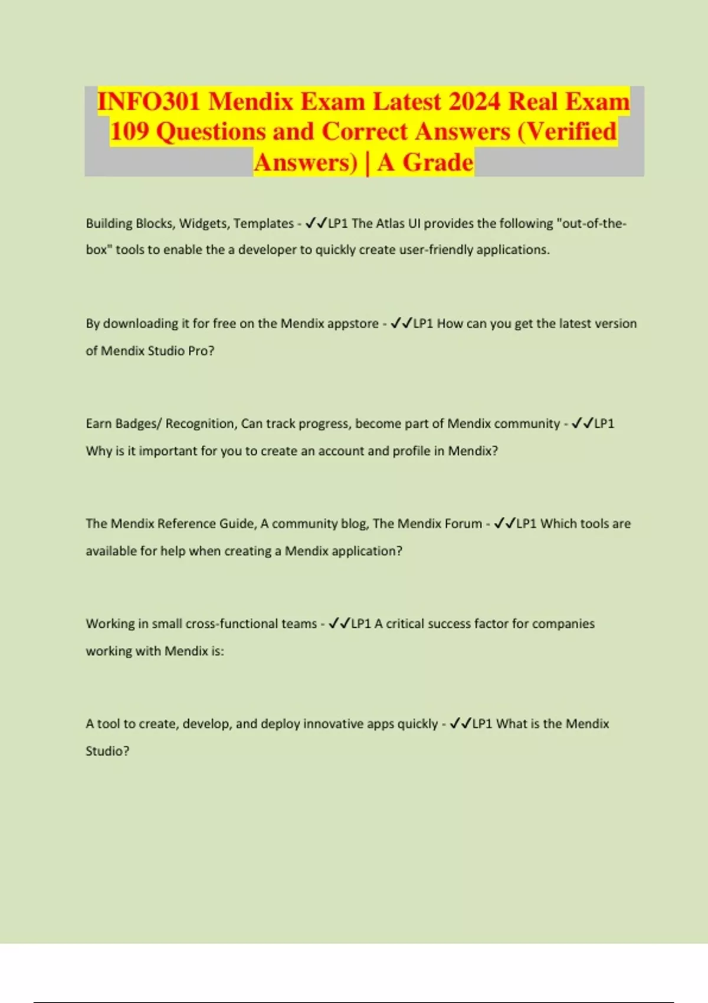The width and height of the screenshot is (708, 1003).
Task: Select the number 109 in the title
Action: coord(129,132)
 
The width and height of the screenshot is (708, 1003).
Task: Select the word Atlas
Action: coord(391,224)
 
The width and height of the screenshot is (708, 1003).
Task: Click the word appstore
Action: coord(353,323)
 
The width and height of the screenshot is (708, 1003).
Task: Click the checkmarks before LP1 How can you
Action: coord(401,323)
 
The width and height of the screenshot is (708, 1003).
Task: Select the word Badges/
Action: coord(138,424)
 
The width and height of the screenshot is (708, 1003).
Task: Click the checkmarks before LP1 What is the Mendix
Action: coord(460,724)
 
